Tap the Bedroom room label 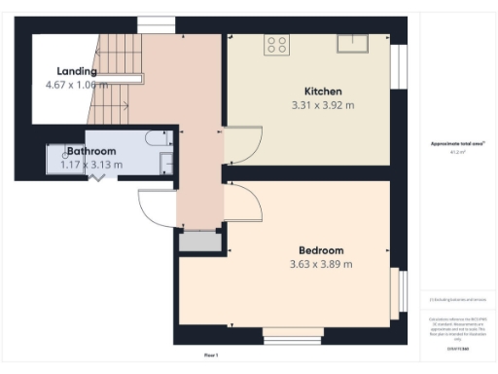click(321, 250)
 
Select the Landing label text click(77, 71)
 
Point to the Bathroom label click(91, 151)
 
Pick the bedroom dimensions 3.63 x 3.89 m click(321, 264)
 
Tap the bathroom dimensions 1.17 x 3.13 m click(86, 165)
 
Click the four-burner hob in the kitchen click(276, 43)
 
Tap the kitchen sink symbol click(352, 42)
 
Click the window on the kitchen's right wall click(397, 65)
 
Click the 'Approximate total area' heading click(458, 144)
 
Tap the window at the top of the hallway click(154, 24)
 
